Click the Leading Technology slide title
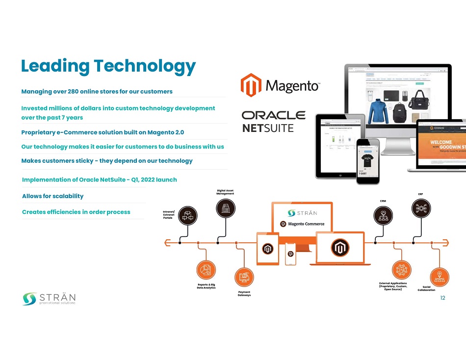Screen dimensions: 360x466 pyautogui.click(x=108, y=66)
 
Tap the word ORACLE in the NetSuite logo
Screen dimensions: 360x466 pyautogui.click(x=273, y=115)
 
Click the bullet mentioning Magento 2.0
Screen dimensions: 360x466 pyautogui.click(x=103, y=132)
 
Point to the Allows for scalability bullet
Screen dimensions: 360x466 pyautogui.click(x=52, y=196)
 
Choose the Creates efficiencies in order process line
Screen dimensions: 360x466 pyautogui.click(x=76, y=212)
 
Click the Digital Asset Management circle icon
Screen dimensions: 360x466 pyautogui.click(x=225, y=208)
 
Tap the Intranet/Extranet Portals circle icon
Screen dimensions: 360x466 pyautogui.click(x=187, y=214)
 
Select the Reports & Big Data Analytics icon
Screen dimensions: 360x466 pyautogui.click(x=206, y=269)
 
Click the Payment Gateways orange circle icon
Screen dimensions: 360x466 pyautogui.click(x=244, y=278)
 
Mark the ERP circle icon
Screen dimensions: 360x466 pyautogui.click(x=421, y=208)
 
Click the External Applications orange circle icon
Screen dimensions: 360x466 pyautogui.click(x=402, y=269)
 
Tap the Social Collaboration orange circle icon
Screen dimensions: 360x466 pyautogui.click(x=440, y=277)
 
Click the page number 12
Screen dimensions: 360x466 pyautogui.click(x=443, y=298)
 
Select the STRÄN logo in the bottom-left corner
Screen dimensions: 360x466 pyautogui.click(x=49, y=299)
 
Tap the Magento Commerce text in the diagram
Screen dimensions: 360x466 pyautogui.click(x=306, y=224)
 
